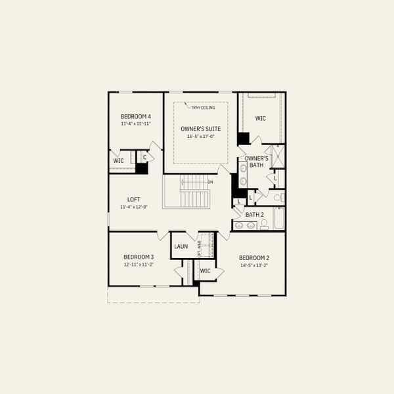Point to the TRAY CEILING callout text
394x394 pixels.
[204, 108]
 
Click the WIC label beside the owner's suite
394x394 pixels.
[260, 118]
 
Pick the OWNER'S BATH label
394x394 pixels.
[256, 162]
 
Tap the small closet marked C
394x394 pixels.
[144, 157]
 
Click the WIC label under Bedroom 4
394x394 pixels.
[118, 160]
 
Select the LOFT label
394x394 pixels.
[134, 199]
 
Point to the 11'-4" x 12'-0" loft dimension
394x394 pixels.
[134, 207]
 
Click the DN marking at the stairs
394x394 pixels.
[210, 182]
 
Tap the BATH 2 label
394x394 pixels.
[254, 215]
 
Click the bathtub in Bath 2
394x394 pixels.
[278, 219]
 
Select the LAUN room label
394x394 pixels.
[181, 246]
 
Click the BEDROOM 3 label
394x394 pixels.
[139, 257]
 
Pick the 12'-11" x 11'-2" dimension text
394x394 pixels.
[139, 264]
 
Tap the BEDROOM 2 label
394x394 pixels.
[254, 257]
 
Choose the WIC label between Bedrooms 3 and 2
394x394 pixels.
[205, 271]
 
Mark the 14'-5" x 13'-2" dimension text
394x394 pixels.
[254, 265]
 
